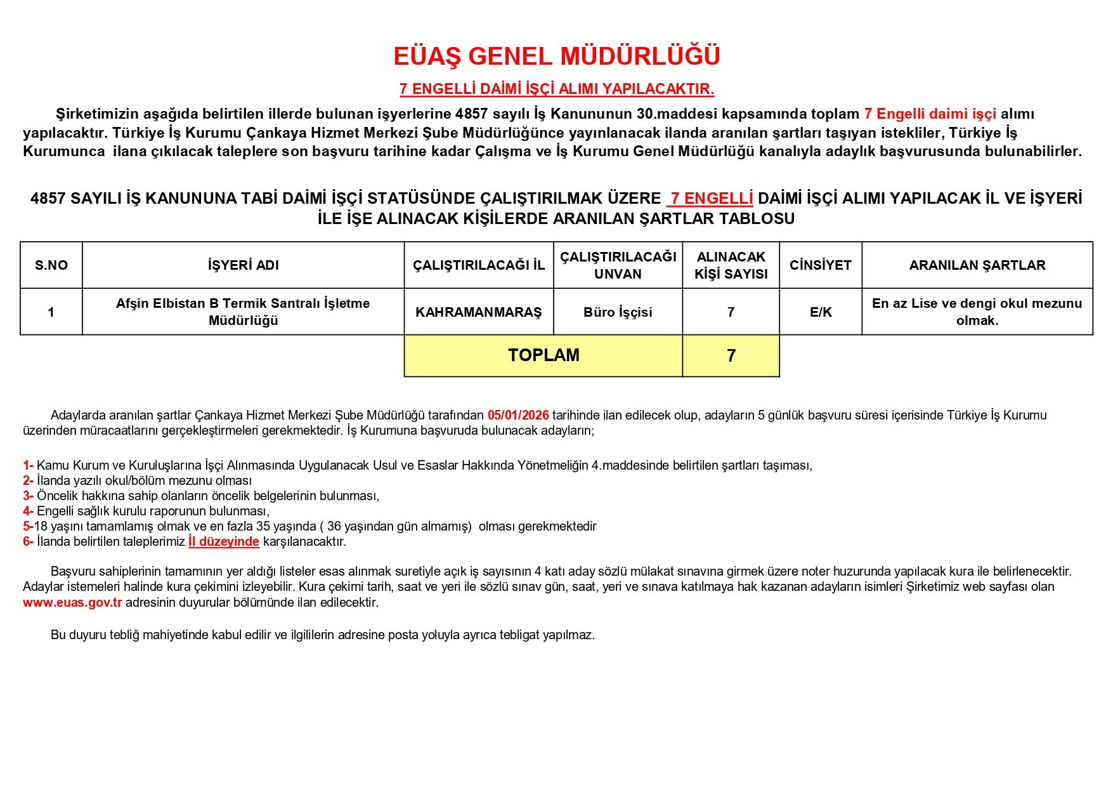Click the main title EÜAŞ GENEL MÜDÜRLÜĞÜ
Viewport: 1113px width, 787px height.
point(556,56)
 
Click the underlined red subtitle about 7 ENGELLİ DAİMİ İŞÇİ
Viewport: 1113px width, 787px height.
point(556,89)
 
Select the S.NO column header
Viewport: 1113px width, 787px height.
point(51,265)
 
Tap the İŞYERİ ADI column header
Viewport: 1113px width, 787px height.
point(243,265)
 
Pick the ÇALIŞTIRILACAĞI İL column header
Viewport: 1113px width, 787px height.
point(479,265)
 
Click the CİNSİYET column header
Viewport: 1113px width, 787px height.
point(820,265)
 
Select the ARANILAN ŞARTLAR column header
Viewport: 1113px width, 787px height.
point(977,265)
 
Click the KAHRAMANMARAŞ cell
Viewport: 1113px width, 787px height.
point(479,312)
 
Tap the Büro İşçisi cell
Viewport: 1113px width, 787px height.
point(618,312)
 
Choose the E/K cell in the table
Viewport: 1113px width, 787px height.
point(820,312)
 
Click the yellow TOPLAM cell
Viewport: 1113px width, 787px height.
point(543,355)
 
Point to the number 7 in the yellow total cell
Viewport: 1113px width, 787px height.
point(731,356)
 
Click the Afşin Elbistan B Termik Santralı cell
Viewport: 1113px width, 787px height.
point(243,312)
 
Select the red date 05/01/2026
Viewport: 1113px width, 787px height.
point(518,415)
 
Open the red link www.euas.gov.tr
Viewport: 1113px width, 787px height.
point(72,602)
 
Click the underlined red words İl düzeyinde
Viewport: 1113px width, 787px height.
point(224,541)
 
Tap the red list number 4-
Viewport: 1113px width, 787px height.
point(28,511)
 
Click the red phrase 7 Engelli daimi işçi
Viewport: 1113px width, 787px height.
point(930,114)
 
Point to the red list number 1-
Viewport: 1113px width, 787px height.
point(28,465)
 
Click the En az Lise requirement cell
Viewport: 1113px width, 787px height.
point(977,312)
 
